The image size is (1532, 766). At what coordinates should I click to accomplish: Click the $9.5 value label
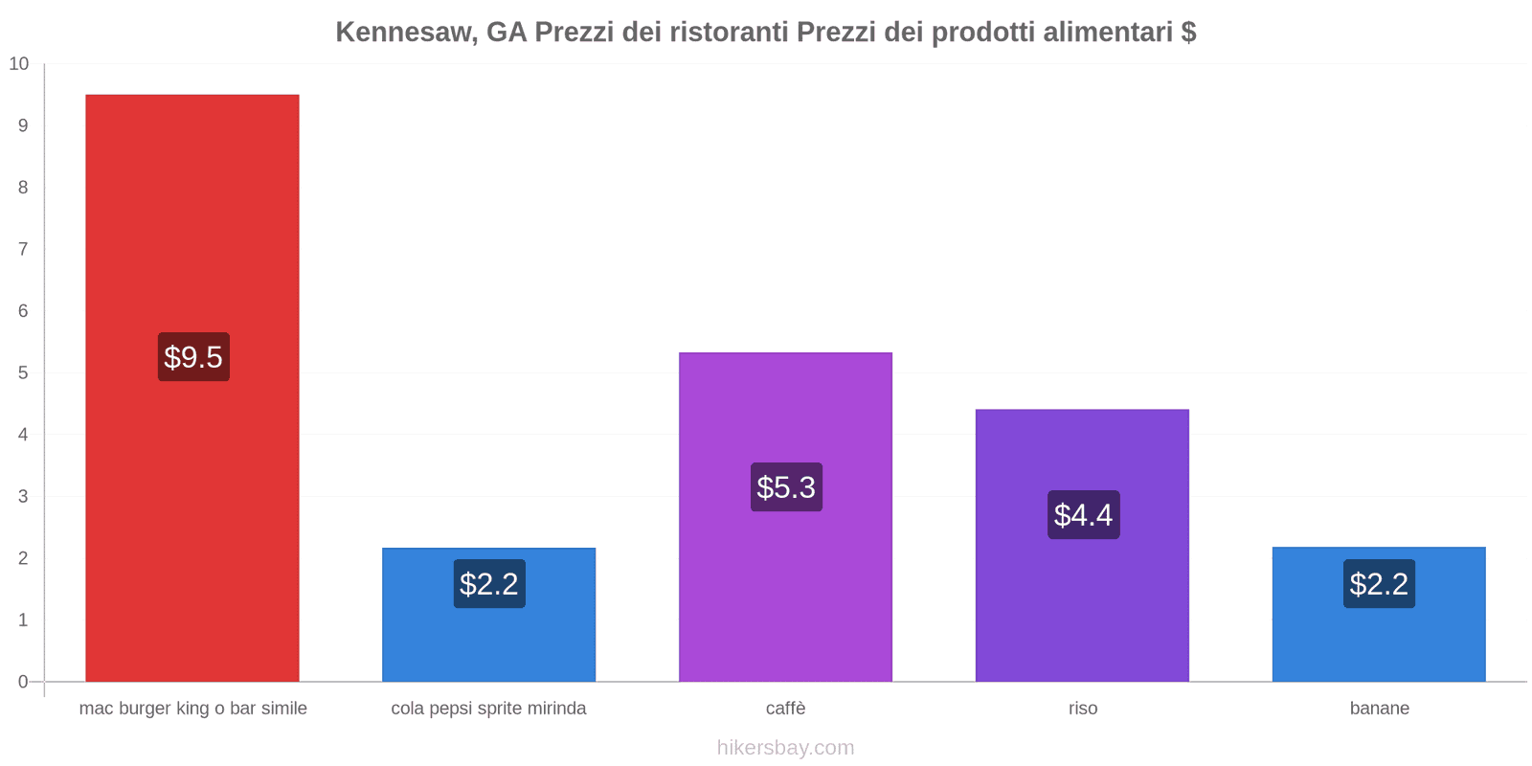tap(193, 357)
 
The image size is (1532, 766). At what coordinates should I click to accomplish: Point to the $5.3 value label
tap(786, 487)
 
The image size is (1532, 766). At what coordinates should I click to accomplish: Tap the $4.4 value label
tap(1083, 515)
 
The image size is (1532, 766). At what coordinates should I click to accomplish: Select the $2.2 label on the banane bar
tap(1379, 584)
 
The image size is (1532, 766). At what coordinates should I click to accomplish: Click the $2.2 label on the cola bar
tap(489, 584)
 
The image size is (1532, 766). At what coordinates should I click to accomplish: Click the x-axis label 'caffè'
tap(785, 709)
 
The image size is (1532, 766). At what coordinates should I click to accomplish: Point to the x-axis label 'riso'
tap(1083, 709)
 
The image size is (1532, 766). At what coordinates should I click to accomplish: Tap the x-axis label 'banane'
tap(1379, 709)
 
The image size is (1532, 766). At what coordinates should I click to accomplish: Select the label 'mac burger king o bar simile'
tap(192, 709)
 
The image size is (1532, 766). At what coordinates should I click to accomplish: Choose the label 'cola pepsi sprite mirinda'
tap(488, 709)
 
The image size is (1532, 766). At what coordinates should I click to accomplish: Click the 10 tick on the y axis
tap(19, 64)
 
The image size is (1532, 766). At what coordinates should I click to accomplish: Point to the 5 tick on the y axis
tap(23, 372)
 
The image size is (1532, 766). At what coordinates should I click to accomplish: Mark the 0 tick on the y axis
tap(23, 682)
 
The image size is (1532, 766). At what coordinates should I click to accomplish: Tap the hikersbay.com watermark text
tap(785, 748)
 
